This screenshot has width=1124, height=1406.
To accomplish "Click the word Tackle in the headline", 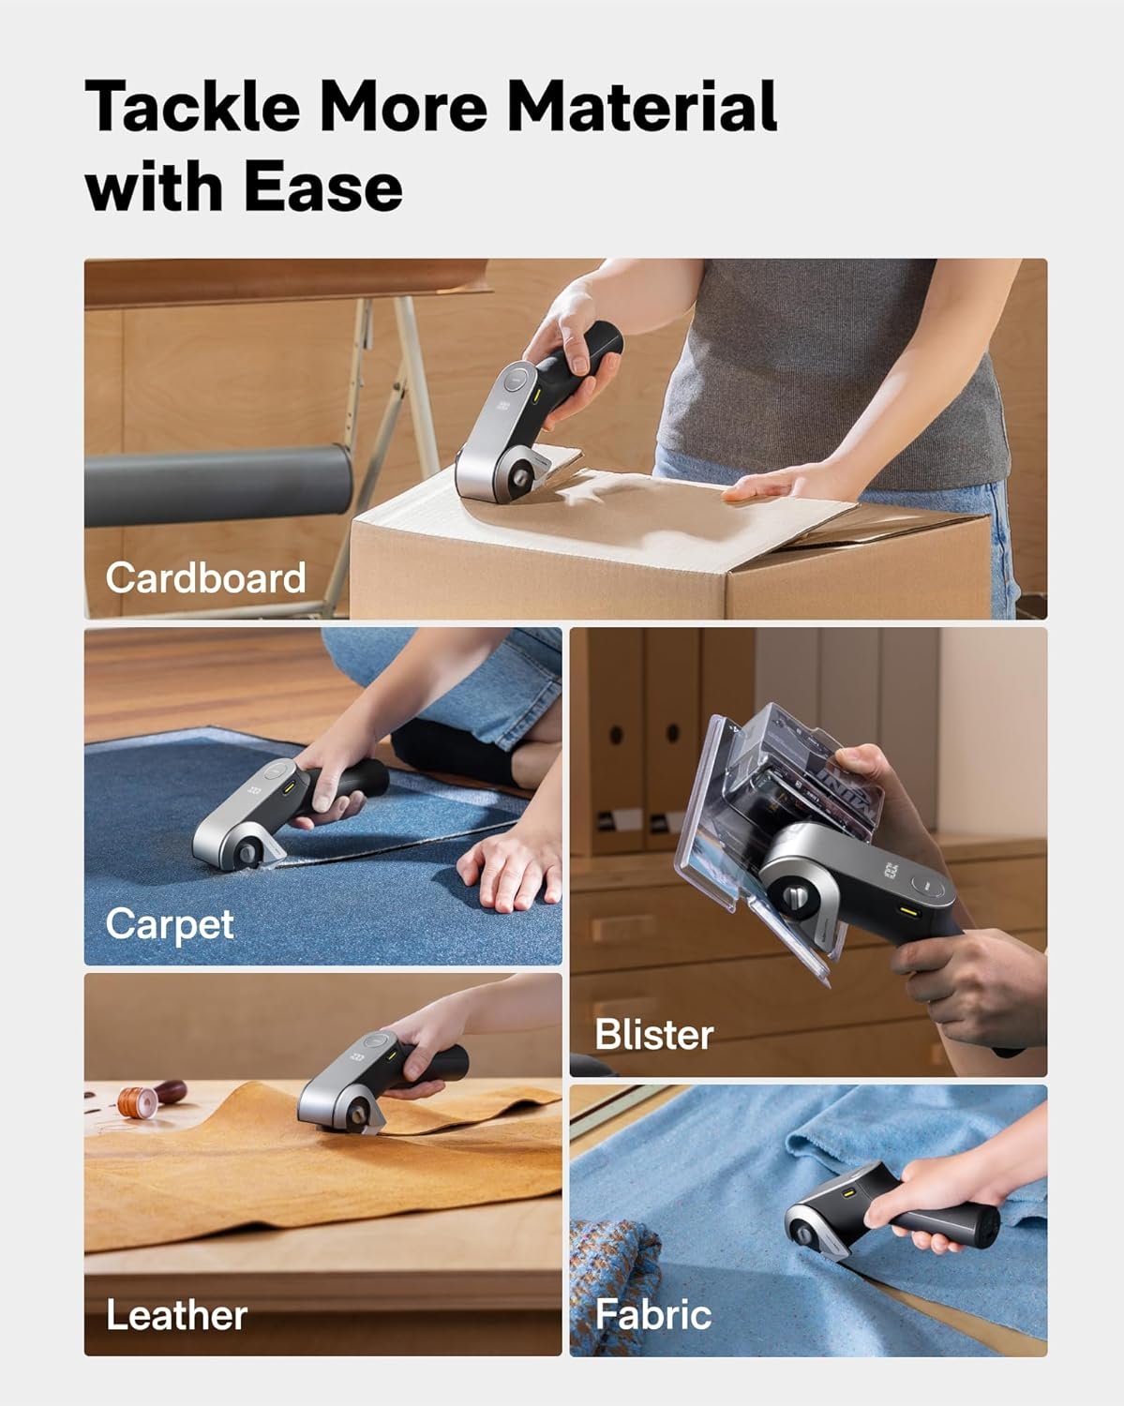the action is pos(193,105).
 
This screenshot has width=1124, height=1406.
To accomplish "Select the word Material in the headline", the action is pos(642,105).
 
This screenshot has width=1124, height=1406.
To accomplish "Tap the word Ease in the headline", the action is pos(323,187).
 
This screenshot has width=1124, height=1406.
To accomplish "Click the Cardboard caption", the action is pos(206,577).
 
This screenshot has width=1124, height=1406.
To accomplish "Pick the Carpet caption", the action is pos(170,925).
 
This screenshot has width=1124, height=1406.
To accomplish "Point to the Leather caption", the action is pos(176,1314).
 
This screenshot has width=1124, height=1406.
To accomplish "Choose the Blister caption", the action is pos(654,1035).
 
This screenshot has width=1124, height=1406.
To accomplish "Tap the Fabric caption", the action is pos(653,1314).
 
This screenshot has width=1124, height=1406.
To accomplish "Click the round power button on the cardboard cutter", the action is pos(517,379).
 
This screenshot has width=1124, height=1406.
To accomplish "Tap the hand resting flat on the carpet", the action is pos(506,869).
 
